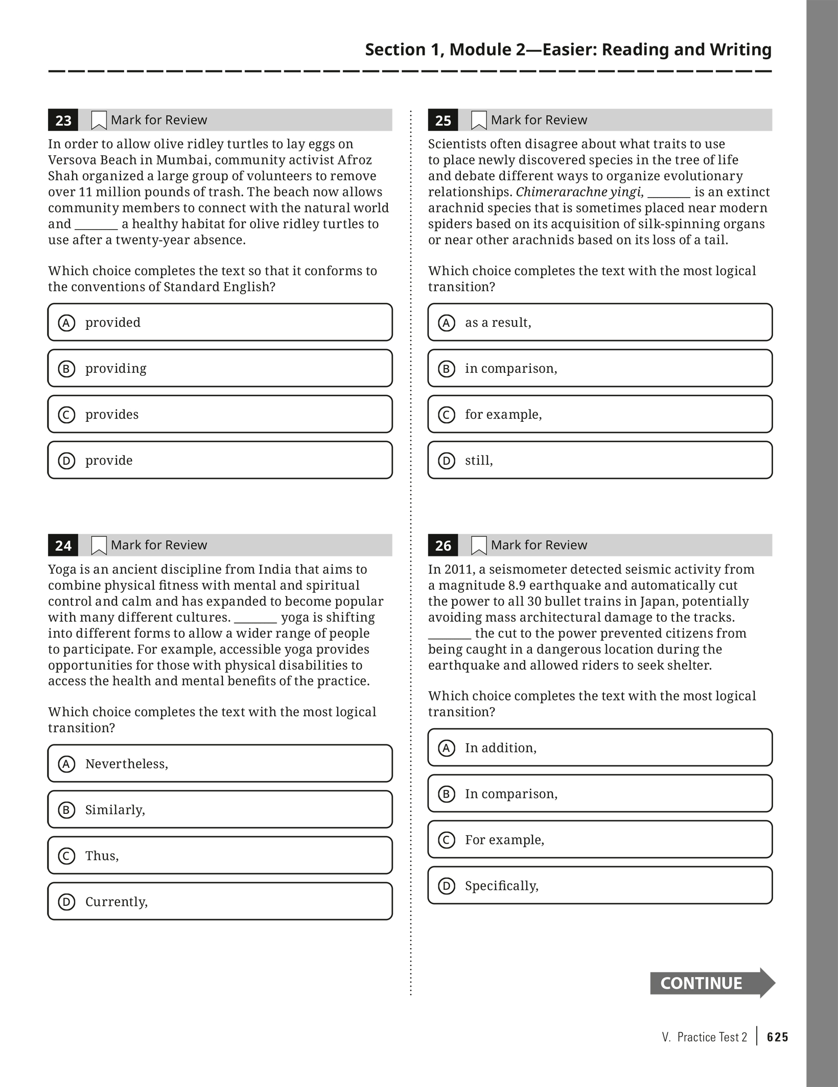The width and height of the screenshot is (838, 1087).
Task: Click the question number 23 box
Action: (63, 120)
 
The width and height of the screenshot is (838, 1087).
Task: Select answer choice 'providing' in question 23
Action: (220, 368)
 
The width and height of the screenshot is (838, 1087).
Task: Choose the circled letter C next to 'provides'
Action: (66, 415)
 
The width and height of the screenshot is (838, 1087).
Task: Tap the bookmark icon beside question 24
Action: (99, 545)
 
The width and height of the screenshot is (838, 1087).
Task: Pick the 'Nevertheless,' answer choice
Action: (220, 764)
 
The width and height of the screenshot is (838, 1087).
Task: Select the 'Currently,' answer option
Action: (220, 902)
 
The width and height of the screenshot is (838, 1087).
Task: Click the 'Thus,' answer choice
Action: (220, 856)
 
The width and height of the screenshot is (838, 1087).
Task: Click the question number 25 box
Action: (443, 120)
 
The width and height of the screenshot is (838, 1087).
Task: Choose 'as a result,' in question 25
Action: (600, 323)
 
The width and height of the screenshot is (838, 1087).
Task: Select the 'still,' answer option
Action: (600, 461)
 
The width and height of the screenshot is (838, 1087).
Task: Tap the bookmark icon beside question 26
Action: (479, 545)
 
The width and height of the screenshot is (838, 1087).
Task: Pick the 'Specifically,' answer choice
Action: (600, 886)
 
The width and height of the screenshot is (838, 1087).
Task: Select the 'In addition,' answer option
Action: (600, 748)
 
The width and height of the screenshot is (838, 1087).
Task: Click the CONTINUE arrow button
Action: (712, 983)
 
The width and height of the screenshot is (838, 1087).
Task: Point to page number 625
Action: (778, 1037)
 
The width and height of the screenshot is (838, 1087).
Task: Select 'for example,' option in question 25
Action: (600, 415)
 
